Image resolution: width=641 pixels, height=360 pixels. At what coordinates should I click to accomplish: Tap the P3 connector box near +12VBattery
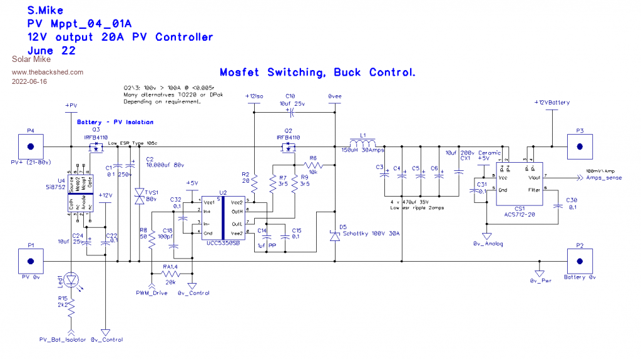coord(580,147)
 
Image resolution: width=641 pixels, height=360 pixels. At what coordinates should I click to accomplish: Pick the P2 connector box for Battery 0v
coord(580,260)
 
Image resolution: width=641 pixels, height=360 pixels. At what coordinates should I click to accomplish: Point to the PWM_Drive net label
coord(151,292)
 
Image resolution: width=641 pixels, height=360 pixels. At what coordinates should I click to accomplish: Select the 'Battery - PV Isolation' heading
coord(115,121)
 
